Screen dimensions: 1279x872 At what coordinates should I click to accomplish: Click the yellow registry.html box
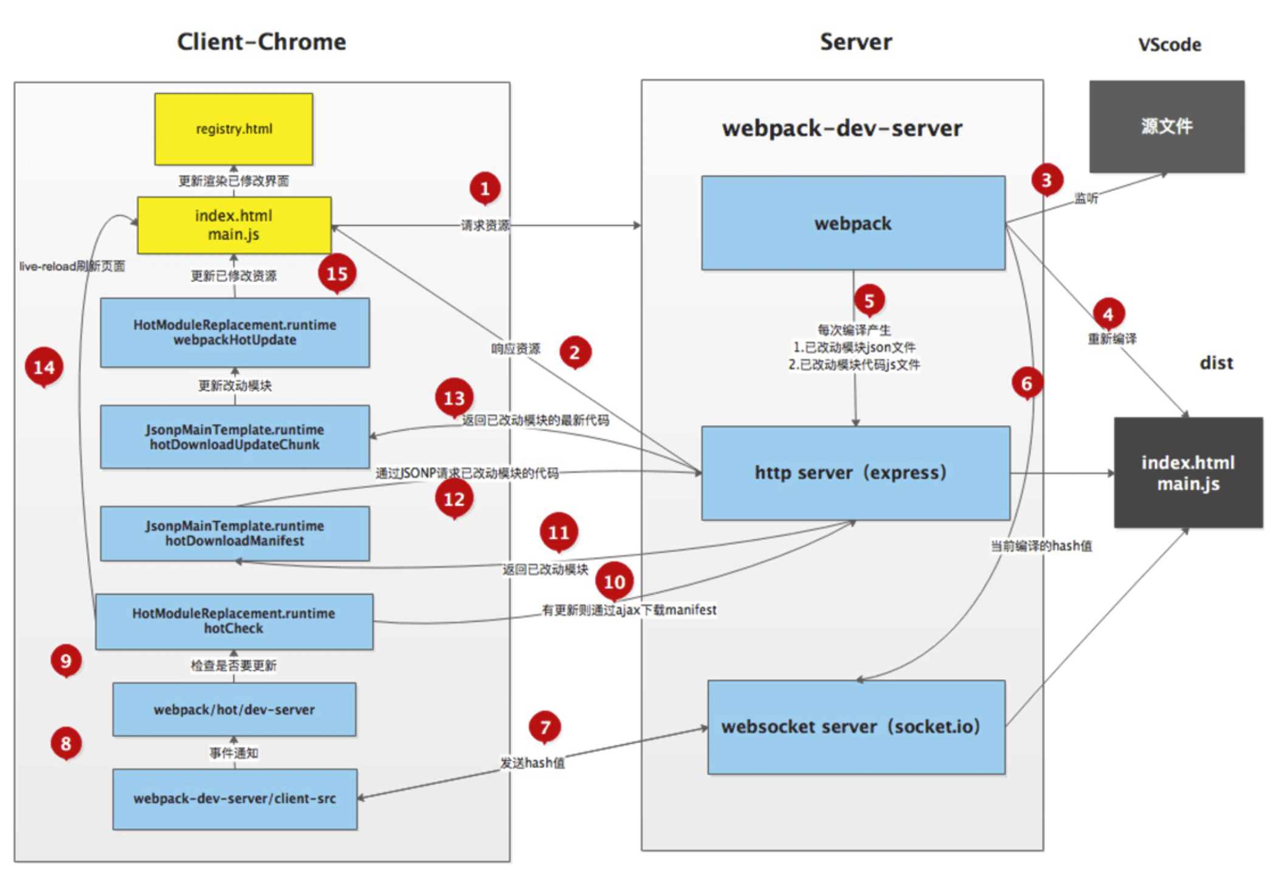233,129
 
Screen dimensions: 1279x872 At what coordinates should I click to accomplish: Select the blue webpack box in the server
853,223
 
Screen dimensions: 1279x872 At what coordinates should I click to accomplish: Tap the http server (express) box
855,473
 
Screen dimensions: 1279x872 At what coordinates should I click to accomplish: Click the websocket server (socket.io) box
856,727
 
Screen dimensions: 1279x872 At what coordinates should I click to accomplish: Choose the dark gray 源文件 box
1167,126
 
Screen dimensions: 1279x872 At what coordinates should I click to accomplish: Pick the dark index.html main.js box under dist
1188,472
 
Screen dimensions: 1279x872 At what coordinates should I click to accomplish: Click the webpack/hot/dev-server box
234,709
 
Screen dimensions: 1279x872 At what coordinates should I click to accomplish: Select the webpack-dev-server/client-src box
235,798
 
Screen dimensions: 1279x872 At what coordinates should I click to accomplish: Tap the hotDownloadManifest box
235,533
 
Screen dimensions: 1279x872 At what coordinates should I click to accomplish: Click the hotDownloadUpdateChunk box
235,437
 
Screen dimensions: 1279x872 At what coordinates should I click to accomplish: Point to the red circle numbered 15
337,274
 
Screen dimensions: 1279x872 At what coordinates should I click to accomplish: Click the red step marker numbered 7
545,727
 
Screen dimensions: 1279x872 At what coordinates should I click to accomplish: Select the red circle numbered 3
1047,180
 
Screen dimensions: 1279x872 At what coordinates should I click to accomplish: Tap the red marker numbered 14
44,367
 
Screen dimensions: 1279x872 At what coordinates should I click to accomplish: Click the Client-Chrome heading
261,42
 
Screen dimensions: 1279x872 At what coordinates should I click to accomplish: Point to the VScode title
1170,44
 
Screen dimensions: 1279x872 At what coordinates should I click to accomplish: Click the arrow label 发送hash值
532,763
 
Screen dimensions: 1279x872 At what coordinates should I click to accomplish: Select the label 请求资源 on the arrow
485,226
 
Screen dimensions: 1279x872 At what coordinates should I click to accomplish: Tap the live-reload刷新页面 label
72,266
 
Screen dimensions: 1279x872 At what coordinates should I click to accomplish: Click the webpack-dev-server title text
842,128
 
